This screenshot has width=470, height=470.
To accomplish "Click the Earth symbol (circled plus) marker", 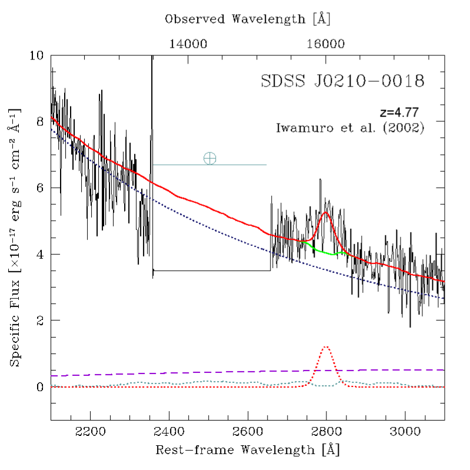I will (209, 158).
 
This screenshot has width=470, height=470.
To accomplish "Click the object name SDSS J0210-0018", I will (342, 81).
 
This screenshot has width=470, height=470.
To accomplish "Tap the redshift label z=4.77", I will (399, 112).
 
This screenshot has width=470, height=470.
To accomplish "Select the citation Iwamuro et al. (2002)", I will (350, 127).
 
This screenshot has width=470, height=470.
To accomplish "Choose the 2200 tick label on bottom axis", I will (91, 432).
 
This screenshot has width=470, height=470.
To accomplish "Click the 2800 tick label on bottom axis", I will (326, 432).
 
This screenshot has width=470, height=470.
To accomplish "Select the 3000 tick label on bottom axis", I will (405, 432).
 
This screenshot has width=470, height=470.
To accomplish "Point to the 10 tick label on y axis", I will (37, 56).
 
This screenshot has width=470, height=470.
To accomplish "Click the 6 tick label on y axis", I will (41, 188).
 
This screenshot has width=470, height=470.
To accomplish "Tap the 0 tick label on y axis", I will (41, 387).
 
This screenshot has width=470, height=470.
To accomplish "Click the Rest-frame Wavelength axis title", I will (248, 451).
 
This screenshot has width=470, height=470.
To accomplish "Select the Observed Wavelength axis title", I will (248, 19).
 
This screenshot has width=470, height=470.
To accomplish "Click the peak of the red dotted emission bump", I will (326, 346).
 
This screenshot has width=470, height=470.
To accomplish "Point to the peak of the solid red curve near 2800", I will (326, 212).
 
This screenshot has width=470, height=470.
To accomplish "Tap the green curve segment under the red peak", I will (326, 252).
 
